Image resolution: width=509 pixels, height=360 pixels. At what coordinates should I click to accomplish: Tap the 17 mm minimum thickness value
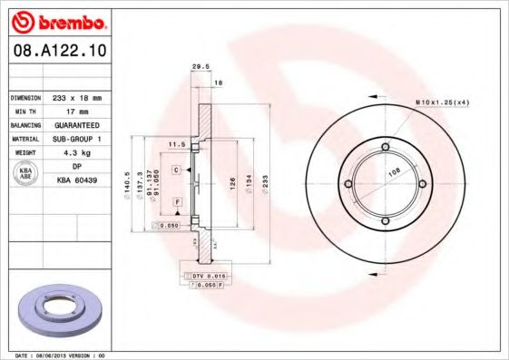point(77,111)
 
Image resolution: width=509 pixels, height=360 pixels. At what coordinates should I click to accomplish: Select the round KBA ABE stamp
point(26,174)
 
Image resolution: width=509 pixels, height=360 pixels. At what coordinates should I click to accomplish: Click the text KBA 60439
point(77,180)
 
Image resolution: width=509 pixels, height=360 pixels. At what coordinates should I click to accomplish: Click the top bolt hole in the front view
point(385,147)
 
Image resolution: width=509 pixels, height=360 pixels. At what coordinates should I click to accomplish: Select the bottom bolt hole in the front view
point(385,222)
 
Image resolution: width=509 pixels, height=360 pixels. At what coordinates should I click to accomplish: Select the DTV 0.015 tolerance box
point(206,275)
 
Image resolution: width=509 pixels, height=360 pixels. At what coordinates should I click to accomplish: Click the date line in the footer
point(62,355)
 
